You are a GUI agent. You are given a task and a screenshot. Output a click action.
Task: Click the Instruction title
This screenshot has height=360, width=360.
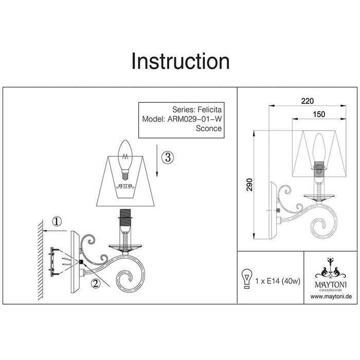tap(180, 61)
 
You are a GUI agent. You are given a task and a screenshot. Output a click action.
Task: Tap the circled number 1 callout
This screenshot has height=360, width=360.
tap(57, 222)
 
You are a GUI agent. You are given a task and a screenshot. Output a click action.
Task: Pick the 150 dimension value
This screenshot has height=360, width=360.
tap(319, 115)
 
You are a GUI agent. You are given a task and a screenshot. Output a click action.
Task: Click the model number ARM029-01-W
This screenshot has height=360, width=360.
tap(195, 119)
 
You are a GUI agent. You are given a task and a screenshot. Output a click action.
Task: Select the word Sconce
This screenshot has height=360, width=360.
tap(209, 129)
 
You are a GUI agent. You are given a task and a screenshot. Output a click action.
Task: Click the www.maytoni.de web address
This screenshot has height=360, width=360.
tap(331, 297)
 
